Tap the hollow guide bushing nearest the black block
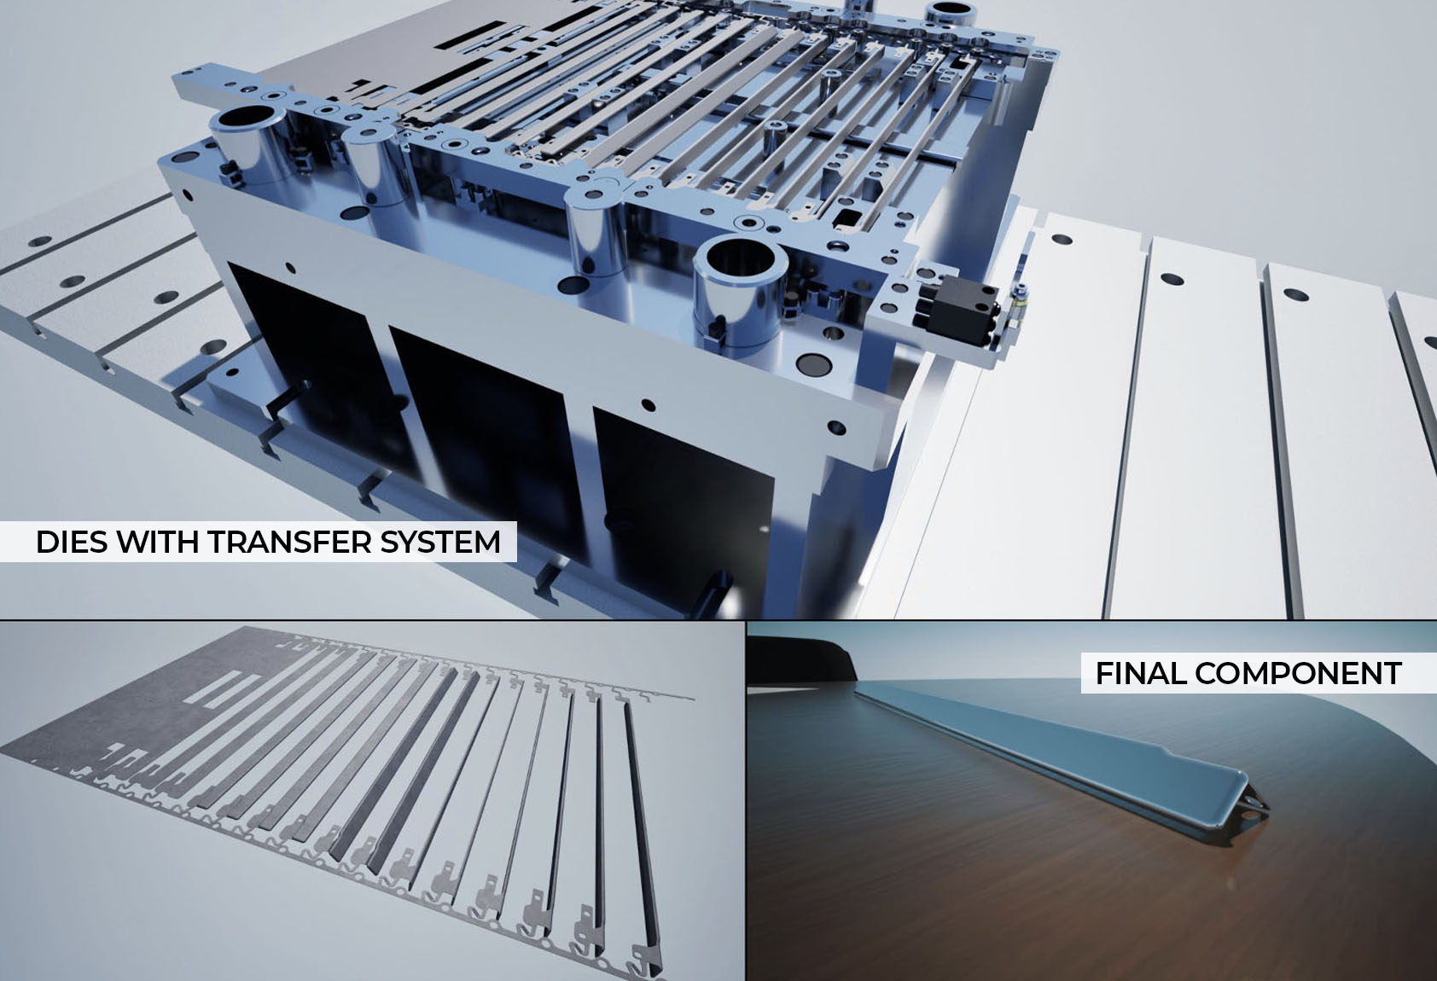pos(740,292)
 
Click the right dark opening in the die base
pos(680,513)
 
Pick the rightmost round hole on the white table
pos(1295,294)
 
